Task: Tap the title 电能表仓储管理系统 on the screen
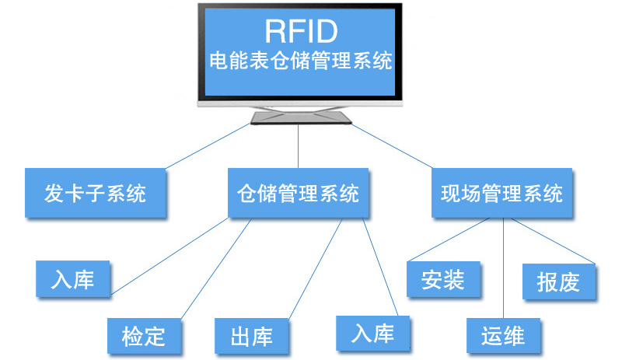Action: [x=301, y=61]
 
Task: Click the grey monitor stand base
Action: [x=300, y=117]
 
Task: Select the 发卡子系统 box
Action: [x=96, y=193]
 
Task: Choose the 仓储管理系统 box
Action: [x=298, y=193]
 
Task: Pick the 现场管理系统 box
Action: [x=501, y=193]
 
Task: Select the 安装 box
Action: [x=443, y=279]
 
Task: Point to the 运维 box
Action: [x=503, y=336]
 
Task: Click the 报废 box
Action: [x=558, y=282]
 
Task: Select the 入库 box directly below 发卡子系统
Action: [x=73, y=279]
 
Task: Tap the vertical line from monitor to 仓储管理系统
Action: [x=299, y=148]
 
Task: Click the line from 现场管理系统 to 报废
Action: [x=552, y=241]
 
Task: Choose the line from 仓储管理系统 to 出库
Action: [x=315, y=268]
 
